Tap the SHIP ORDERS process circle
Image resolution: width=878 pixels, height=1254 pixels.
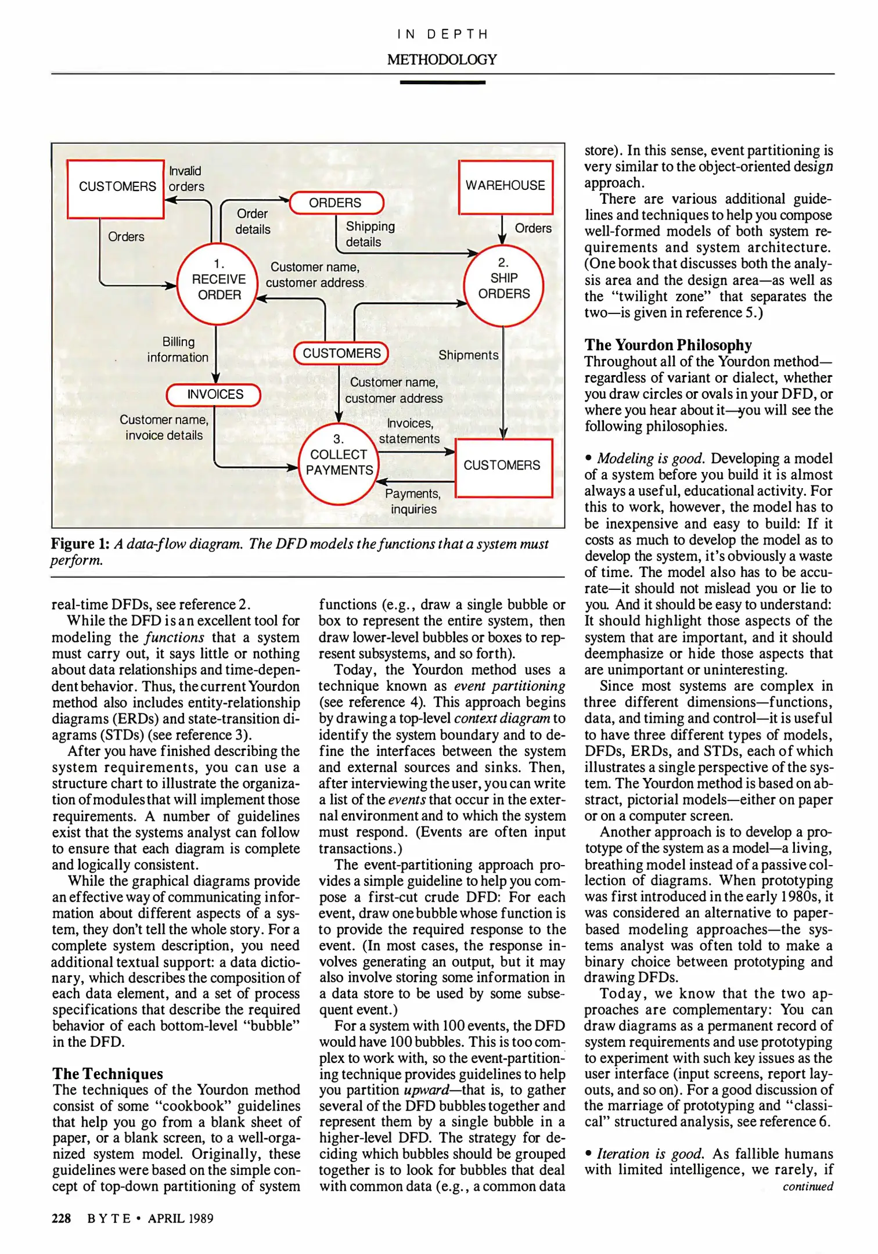point(503,284)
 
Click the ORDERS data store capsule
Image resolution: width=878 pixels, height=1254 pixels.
point(336,203)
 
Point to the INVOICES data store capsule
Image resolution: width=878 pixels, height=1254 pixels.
point(214,395)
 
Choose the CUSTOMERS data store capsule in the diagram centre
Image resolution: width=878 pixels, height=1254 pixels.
point(341,353)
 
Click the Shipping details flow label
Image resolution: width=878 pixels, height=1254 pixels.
point(369,234)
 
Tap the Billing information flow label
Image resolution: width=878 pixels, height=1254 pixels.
point(178,349)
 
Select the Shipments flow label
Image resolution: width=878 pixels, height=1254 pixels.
point(468,355)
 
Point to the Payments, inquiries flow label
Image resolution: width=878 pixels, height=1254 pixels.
point(413,501)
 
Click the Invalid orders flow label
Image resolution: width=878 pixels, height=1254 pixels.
point(186,179)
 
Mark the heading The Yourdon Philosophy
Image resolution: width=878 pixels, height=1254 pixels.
point(668,345)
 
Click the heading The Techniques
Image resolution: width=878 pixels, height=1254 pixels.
point(108,1073)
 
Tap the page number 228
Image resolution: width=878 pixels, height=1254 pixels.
point(62,1218)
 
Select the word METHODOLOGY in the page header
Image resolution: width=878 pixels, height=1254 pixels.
point(442,59)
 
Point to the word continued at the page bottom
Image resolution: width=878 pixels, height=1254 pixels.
point(807,1186)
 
